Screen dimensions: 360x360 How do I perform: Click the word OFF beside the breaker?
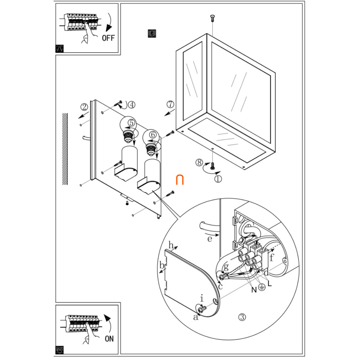[x=108, y=37]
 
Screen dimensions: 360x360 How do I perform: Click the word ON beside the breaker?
[x=109, y=338]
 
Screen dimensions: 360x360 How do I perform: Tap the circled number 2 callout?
[x=84, y=107]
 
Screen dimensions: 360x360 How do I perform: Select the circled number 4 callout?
[x=132, y=104]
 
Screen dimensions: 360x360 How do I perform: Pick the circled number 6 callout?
[x=153, y=135]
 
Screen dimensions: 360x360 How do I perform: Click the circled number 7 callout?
[x=171, y=104]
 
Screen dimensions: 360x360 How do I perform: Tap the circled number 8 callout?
[x=199, y=162]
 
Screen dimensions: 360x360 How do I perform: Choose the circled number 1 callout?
[x=218, y=179]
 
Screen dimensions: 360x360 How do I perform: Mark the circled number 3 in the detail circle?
[x=242, y=317]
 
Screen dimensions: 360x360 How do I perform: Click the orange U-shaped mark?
[x=180, y=180]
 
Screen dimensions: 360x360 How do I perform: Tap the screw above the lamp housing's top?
[x=212, y=17]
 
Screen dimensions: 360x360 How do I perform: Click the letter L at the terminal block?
[x=269, y=284]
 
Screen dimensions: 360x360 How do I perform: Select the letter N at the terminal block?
[x=254, y=290]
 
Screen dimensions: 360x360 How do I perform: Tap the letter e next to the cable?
[x=210, y=239]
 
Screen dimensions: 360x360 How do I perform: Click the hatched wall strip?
[x=65, y=149]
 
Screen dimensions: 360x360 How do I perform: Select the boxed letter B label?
[x=151, y=34]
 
